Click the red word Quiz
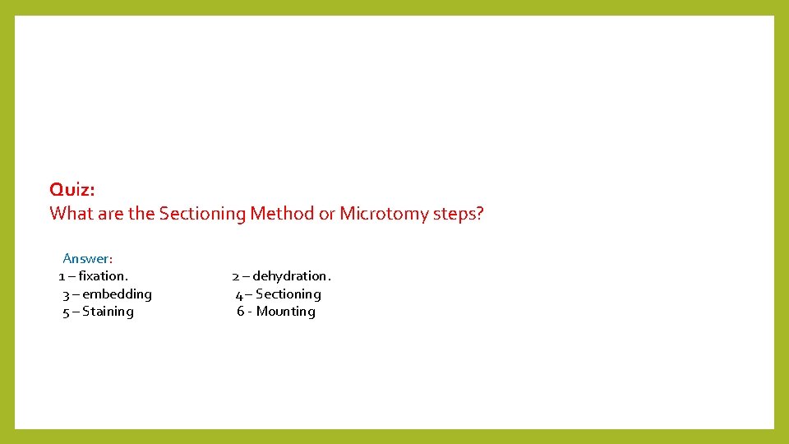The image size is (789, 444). tap(72, 190)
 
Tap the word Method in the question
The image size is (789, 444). tap(282, 214)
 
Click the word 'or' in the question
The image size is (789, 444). tap(327, 215)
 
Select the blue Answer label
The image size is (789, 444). tap(87, 259)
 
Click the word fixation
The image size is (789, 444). tap(104, 276)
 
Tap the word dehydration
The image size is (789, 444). tap(292, 276)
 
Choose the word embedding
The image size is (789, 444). tap(118, 294)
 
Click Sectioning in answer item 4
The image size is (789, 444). tap(288, 294)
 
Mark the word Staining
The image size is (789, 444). tap(108, 312)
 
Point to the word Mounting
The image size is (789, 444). tap(286, 312)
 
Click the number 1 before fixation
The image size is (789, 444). tap(62, 276)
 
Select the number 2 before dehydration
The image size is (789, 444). tap(235, 276)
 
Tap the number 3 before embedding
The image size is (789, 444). tap(66, 294)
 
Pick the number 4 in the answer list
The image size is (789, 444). tap(238, 294)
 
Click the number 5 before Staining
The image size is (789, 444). tap(66, 312)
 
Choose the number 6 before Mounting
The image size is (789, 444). tap(241, 312)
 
